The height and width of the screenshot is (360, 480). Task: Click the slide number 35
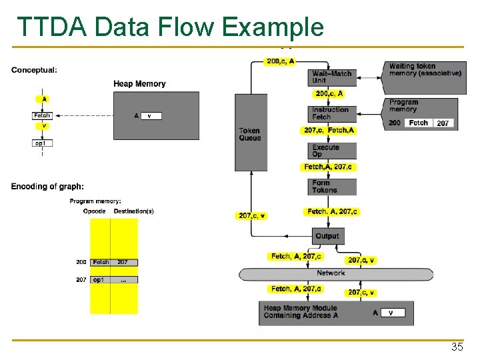pyautogui.click(x=457, y=347)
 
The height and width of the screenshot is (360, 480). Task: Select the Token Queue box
pyautogui.click(x=250, y=133)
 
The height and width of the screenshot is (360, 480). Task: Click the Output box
pyautogui.click(x=327, y=236)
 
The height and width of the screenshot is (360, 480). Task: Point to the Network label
pyautogui.click(x=331, y=273)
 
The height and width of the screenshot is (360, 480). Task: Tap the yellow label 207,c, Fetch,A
pyautogui.click(x=329, y=131)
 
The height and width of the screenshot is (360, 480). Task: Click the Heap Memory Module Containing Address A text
pyautogui.click(x=302, y=312)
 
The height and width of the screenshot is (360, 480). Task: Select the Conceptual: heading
pyautogui.click(x=34, y=69)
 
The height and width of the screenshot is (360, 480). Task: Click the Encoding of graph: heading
pyautogui.click(x=47, y=186)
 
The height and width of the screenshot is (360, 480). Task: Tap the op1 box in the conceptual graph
pyautogui.click(x=42, y=143)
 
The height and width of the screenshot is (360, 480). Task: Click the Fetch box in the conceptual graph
pyautogui.click(x=42, y=116)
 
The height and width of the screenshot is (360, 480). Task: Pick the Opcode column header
pyautogui.click(x=94, y=211)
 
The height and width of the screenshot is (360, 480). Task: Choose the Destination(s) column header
pyautogui.click(x=133, y=211)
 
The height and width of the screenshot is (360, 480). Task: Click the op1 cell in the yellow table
pyautogui.click(x=101, y=280)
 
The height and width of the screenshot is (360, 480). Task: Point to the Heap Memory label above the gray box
pyautogui.click(x=139, y=83)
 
